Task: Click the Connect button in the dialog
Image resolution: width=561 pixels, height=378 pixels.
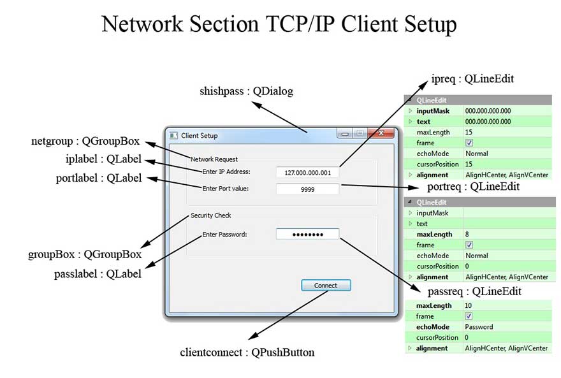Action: click(326, 286)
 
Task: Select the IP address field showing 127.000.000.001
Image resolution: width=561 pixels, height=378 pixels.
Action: click(308, 172)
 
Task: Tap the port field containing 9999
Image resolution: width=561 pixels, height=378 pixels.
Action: click(308, 189)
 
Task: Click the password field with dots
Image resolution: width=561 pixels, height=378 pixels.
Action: click(307, 235)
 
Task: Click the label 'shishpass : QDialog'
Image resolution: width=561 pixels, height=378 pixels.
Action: click(246, 91)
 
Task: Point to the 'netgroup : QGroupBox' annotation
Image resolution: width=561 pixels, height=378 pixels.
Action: click(85, 141)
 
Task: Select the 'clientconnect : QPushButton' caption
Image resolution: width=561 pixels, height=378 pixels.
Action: click(247, 352)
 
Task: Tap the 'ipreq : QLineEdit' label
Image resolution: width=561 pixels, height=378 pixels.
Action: click(472, 79)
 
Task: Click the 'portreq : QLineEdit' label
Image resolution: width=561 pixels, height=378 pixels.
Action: click(473, 187)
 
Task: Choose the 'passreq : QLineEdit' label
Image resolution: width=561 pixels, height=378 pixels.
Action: click(475, 291)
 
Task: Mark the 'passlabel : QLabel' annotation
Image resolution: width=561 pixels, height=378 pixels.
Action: click(98, 274)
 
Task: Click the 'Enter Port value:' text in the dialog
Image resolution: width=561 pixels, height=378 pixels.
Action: click(225, 189)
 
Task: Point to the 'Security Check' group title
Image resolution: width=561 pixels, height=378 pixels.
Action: click(211, 215)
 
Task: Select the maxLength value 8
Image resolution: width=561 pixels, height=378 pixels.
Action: click(467, 235)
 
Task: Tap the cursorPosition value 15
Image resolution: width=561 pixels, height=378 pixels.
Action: click(469, 164)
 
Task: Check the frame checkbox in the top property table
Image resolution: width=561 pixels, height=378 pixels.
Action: click(469, 143)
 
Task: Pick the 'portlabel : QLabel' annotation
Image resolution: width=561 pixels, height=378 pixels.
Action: click(99, 178)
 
